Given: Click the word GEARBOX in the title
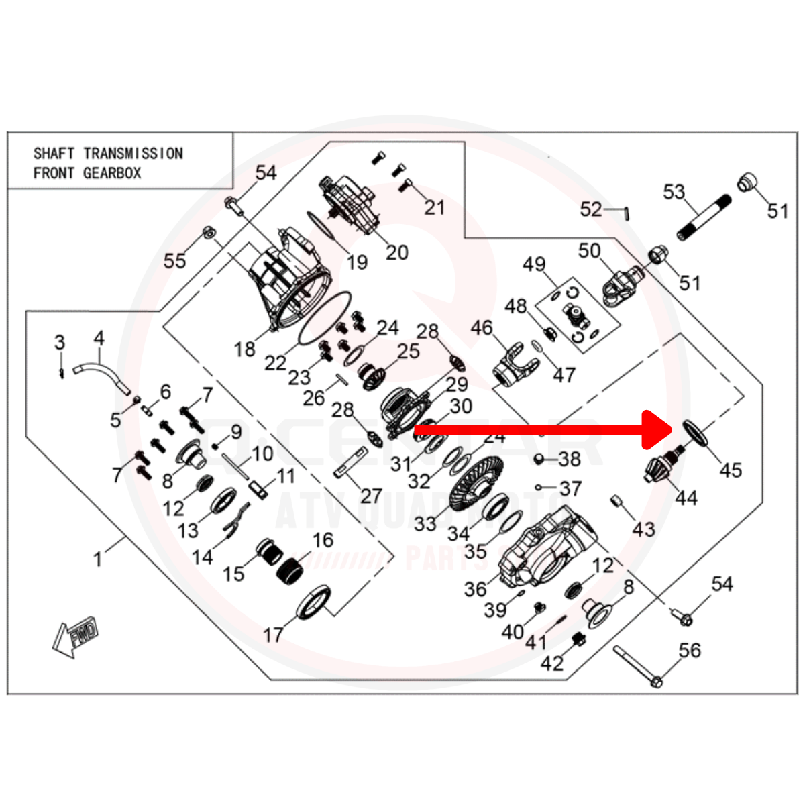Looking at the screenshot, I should (x=112, y=173).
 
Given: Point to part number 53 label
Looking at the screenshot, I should (x=674, y=193).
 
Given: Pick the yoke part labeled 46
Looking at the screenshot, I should (x=517, y=366).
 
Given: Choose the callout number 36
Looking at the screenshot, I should (x=475, y=589).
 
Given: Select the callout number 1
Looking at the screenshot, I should (x=98, y=558).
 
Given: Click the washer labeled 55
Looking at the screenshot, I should (x=209, y=233).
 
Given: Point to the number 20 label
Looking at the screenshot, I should (x=397, y=252).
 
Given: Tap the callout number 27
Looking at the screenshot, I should (x=371, y=496).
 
